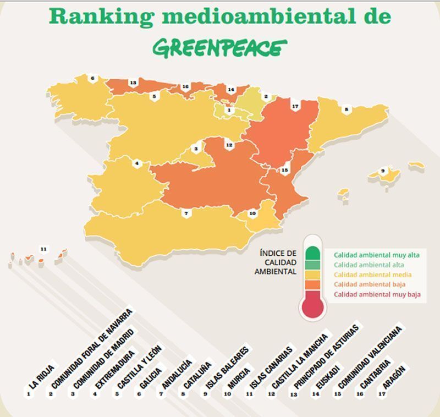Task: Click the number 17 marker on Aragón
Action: (x=295, y=106)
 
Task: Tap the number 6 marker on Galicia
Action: (x=92, y=78)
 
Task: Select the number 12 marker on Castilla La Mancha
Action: (x=229, y=145)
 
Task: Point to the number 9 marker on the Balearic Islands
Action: (x=383, y=171)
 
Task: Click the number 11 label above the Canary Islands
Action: (x=43, y=249)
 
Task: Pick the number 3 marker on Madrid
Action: (x=196, y=149)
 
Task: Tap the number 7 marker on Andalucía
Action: (x=186, y=213)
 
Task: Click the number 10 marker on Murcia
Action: (x=252, y=213)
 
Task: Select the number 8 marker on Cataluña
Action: (x=346, y=109)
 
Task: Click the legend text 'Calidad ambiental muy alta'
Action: (x=376, y=255)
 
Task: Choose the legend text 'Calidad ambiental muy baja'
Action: (x=377, y=294)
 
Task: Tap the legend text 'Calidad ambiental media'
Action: (x=373, y=275)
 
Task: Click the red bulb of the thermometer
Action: (x=313, y=306)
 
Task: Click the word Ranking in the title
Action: (x=102, y=17)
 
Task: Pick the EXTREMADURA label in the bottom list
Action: (x=116, y=369)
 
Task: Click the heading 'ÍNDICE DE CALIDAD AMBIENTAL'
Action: (x=276, y=262)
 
